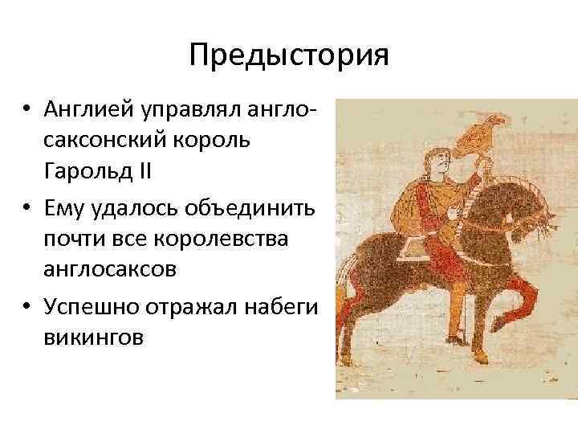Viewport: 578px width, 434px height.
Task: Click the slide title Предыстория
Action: coord(289,55)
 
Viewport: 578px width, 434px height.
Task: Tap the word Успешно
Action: coord(88,308)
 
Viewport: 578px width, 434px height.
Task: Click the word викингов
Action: coord(94,338)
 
